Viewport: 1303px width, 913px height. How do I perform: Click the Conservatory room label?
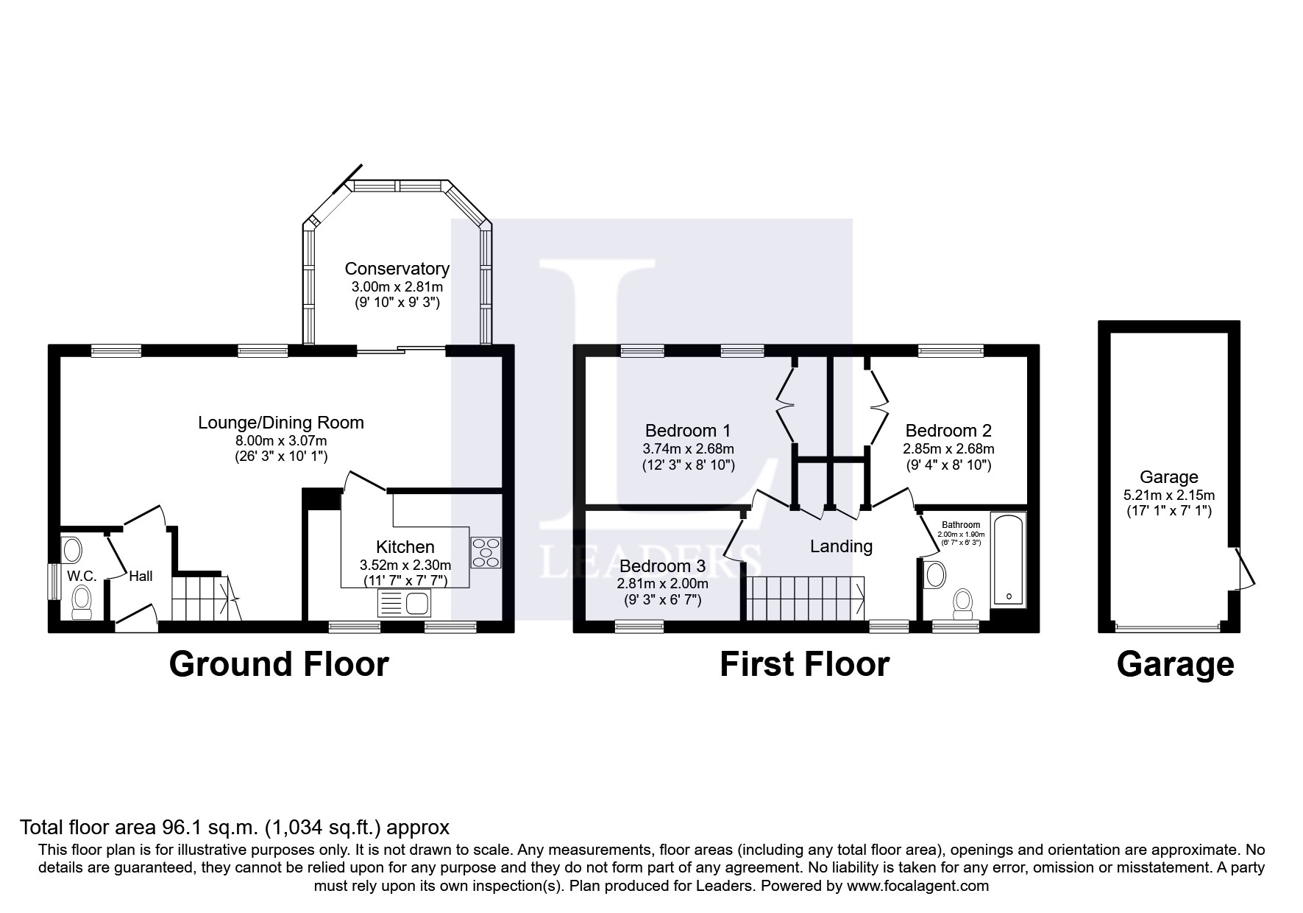click(397, 269)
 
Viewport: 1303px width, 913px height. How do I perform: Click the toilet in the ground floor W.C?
click(82, 603)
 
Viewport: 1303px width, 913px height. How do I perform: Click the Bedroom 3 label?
click(662, 566)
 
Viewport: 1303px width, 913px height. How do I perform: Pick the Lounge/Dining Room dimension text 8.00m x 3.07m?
click(280, 440)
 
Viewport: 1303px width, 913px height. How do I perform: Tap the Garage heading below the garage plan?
click(1175, 664)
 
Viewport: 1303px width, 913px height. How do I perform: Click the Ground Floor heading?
click(279, 664)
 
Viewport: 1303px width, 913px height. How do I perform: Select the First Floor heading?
click(804, 664)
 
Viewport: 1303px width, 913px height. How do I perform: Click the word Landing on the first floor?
click(841, 546)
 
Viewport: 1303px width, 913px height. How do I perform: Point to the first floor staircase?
click(806, 597)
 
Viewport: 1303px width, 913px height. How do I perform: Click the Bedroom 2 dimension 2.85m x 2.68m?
click(948, 448)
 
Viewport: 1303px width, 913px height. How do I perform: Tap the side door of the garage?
click(1242, 569)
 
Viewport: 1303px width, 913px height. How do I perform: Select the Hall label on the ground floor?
click(141, 576)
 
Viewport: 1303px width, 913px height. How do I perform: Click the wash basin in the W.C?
click(72, 549)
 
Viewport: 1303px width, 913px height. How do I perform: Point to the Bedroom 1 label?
click(688, 431)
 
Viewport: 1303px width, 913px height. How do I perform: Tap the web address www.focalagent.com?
click(920, 886)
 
